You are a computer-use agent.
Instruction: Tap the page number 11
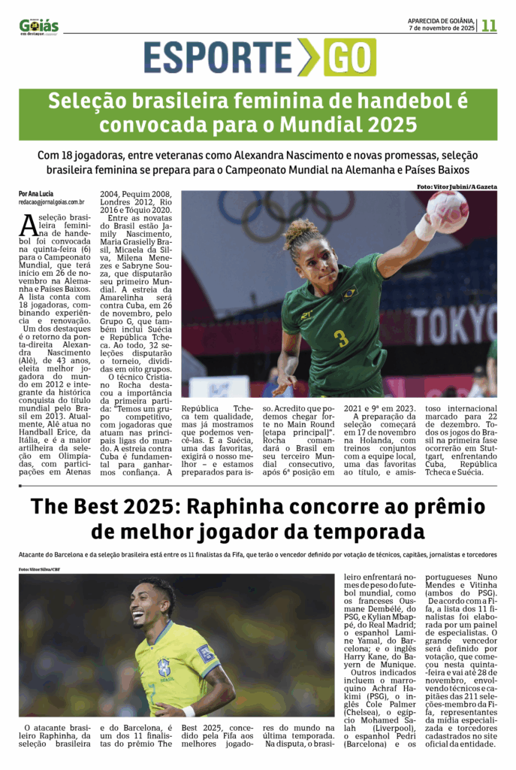tap(489, 25)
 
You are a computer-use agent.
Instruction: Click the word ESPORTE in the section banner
tap(218, 57)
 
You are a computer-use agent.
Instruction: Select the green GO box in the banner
tap(349, 57)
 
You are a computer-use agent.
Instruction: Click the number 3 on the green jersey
tap(341, 338)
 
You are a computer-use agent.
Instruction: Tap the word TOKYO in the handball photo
tap(453, 324)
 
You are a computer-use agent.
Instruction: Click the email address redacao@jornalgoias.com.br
tap(51, 202)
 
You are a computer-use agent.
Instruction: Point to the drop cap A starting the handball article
tap(28, 225)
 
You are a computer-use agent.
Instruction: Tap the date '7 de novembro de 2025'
tap(442, 28)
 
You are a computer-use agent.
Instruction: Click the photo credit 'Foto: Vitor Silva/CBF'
tap(39, 569)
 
